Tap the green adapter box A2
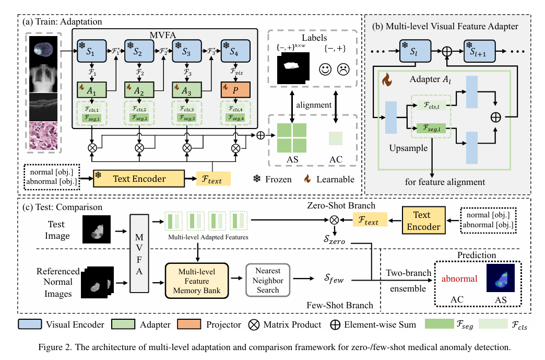(x=139, y=89)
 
